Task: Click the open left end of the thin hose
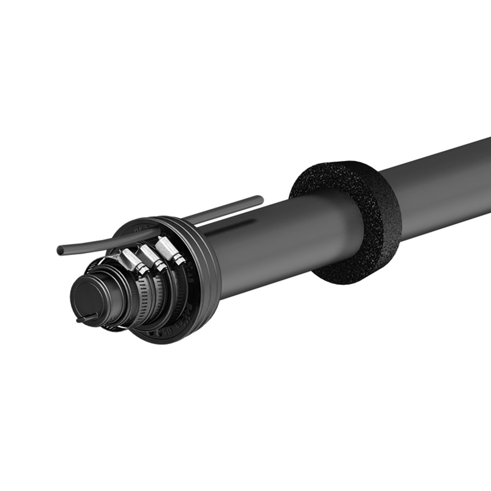click(x=60, y=250)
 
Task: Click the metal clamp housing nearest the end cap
click(x=129, y=261)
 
